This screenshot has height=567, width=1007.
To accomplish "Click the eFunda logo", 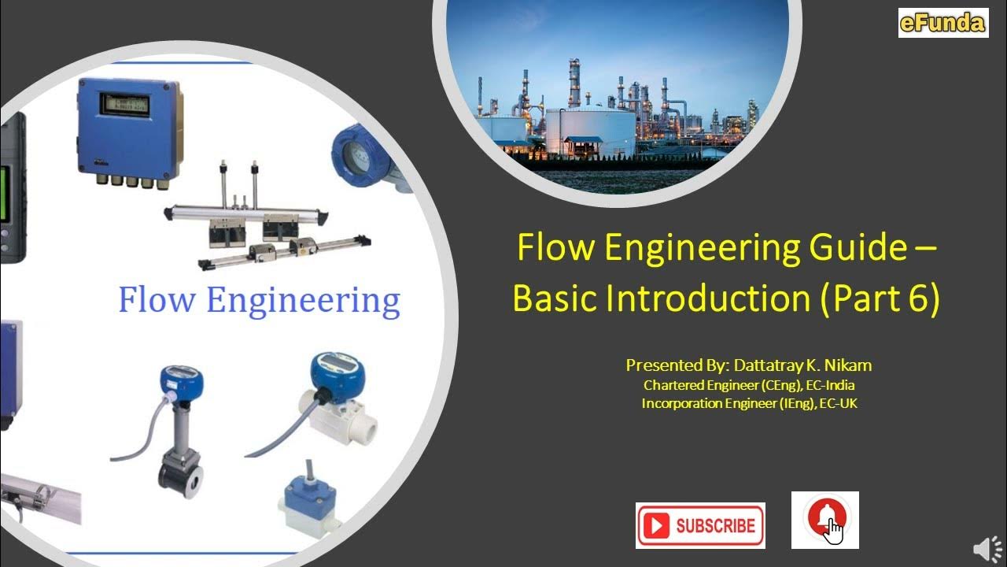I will point(942,23).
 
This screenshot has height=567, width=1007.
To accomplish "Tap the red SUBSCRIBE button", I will point(700,525).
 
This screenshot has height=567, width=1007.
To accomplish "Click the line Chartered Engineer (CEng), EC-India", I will point(749,385).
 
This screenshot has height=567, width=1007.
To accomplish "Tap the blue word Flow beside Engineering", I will point(156,300).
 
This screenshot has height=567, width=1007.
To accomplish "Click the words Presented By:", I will point(678,365).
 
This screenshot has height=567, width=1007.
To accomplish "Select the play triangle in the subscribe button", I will point(658,526).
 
